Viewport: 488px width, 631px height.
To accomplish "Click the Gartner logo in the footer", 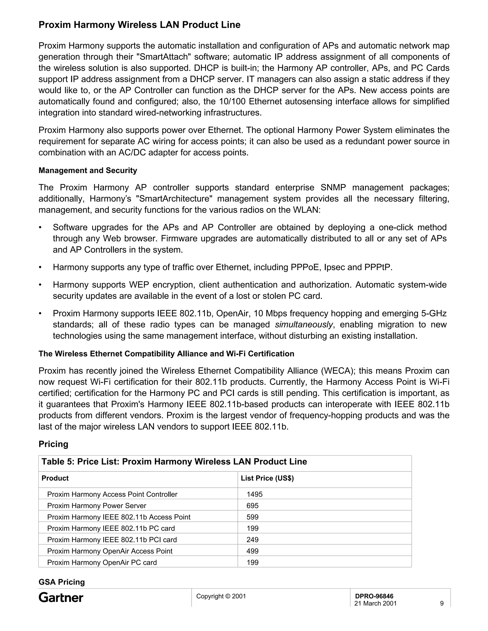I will click(61, 597).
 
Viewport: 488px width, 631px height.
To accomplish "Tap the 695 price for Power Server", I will click(252, 506).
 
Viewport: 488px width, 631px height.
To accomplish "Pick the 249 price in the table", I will click(252, 540).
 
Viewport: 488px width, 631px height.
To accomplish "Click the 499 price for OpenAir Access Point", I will click(252, 551).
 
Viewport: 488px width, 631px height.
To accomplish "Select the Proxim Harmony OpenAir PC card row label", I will click(102, 562).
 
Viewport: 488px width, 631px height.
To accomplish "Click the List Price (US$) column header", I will click(267, 478).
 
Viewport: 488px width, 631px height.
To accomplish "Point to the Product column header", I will click(55, 478).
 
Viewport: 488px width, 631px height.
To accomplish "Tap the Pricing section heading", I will click(53, 444).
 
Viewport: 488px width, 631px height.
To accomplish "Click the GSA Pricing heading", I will click(61, 582).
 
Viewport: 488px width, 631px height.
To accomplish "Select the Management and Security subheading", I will click(88, 170).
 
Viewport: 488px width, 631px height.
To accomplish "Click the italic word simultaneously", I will click(304, 325).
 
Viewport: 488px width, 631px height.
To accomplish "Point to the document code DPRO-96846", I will click(374, 596).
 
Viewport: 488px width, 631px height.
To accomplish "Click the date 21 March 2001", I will click(375, 603).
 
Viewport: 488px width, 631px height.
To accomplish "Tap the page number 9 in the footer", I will click(442, 603).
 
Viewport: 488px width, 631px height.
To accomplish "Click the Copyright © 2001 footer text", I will click(221, 596).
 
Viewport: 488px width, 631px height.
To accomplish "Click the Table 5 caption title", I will click(174, 461).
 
